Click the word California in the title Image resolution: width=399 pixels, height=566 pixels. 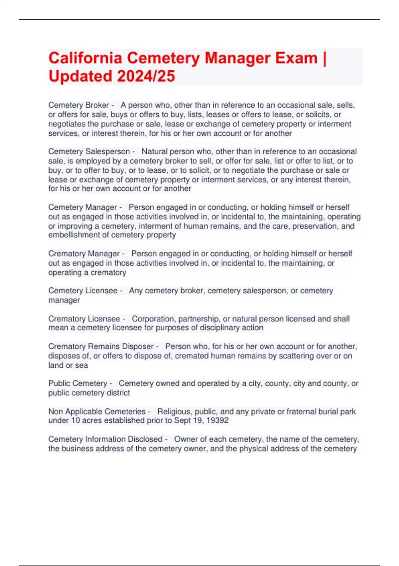tap(85, 58)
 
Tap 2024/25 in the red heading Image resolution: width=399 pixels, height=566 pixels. tap(146, 76)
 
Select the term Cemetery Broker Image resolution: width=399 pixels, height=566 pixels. tap(78, 105)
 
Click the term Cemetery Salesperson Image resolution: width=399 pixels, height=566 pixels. tap(89, 151)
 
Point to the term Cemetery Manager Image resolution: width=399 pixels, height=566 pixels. tap(82, 207)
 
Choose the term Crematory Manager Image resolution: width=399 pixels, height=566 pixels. tap(84, 254)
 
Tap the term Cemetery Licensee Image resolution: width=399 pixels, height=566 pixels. tap(83, 291)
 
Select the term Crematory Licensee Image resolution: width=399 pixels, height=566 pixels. tap(84, 319)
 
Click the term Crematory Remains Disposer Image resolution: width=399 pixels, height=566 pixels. tap(101, 346)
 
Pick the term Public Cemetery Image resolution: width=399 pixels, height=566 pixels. tap(77, 384)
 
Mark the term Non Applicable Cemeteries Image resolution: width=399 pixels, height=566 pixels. tap(97, 412)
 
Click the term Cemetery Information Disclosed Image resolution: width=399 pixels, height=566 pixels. tap(105, 439)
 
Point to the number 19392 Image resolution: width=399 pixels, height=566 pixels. tap(217, 421)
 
